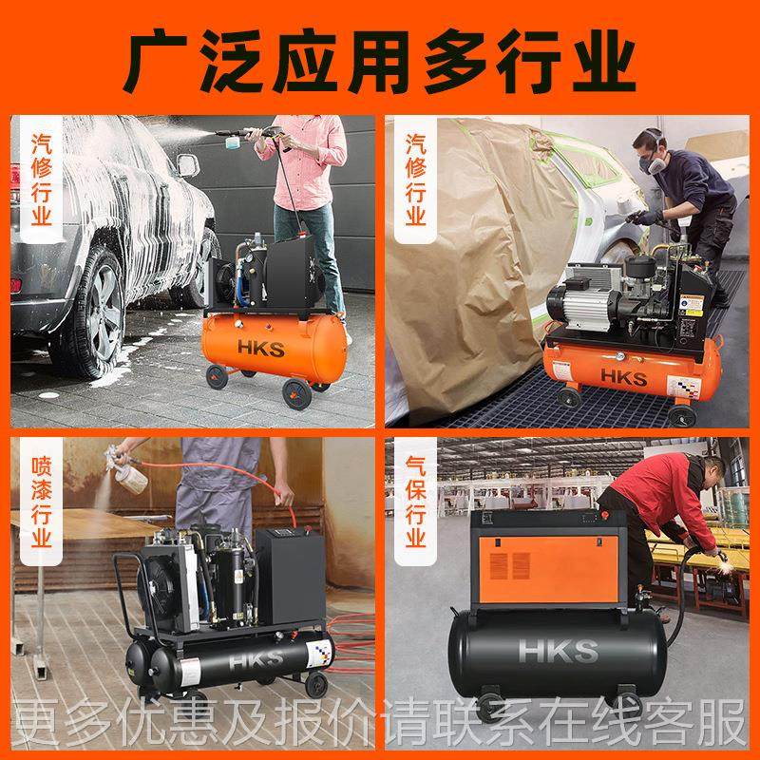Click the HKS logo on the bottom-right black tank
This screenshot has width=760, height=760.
point(558,652)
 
